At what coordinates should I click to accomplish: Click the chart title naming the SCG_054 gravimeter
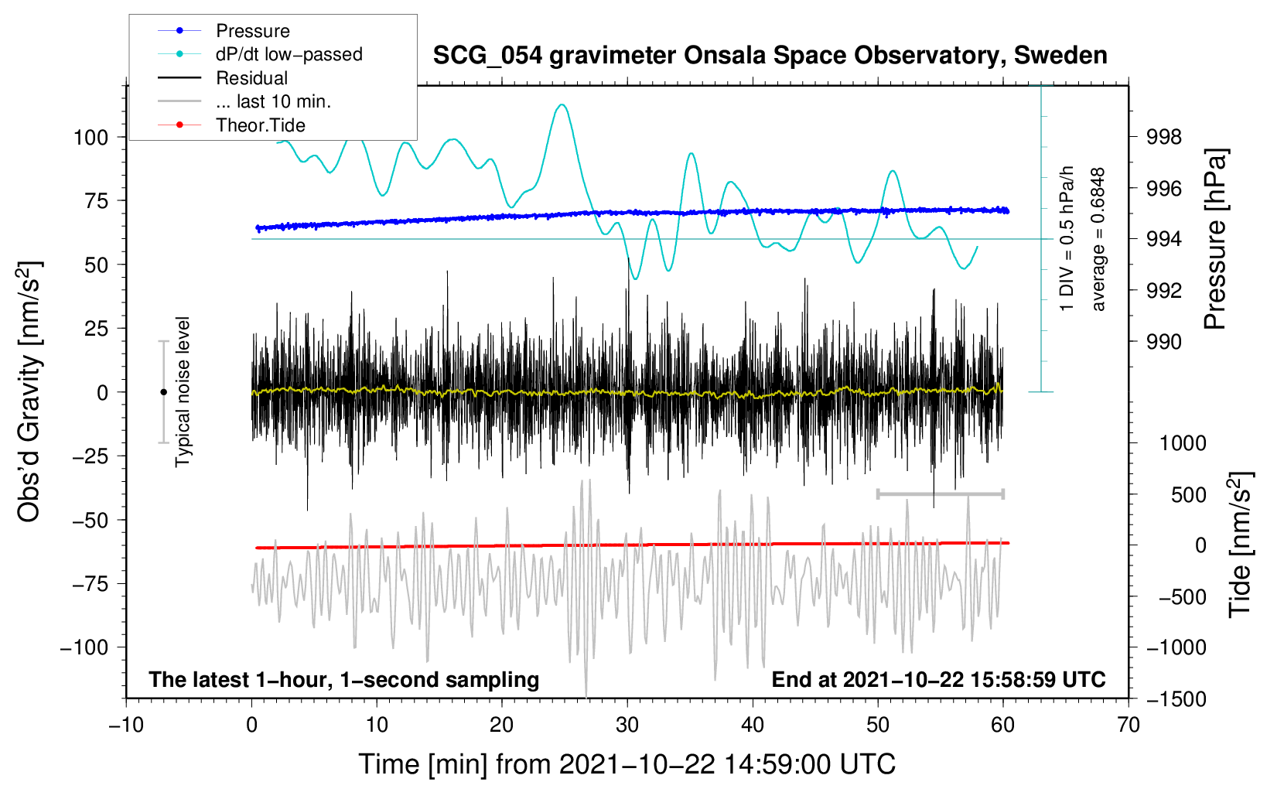coord(770,56)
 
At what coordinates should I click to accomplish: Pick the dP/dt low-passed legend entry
coord(289,54)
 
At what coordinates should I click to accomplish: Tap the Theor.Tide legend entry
coord(260,125)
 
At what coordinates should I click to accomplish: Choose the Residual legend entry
coord(251,78)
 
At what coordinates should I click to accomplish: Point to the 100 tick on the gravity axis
coord(90,138)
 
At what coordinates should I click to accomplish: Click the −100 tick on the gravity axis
coord(84,647)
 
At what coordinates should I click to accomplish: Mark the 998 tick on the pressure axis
coord(1164,138)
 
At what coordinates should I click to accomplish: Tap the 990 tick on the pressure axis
coord(1164,342)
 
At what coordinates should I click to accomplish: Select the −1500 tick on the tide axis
coord(1176,699)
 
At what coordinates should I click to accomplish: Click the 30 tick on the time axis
coord(627,726)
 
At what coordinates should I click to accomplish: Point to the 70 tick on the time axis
coord(1129,726)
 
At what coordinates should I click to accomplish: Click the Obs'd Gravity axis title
coord(29,392)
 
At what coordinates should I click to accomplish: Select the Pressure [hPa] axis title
coord(1215,240)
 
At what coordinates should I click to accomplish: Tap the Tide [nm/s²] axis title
coord(1239,545)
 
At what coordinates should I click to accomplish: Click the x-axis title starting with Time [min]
coord(627,764)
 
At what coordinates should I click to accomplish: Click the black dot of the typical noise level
coord(163,392)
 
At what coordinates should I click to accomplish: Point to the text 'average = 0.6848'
coord(1098,240)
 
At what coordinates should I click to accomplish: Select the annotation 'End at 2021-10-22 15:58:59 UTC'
coord(938,680)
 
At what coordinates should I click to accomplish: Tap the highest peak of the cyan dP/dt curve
coord(562,104)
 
